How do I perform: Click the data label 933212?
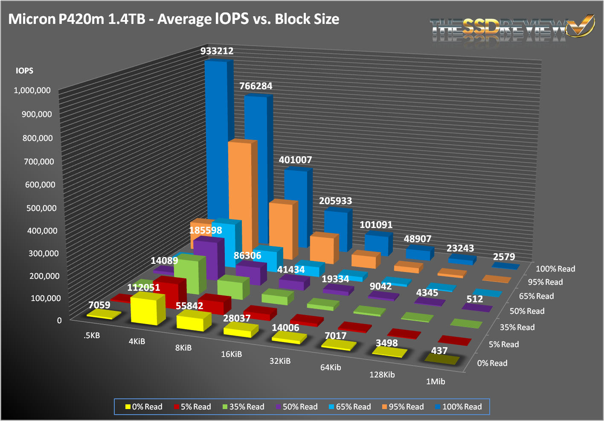coord(217,51)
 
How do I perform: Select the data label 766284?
coord(256,86)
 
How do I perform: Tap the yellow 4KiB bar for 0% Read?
coord(148,309)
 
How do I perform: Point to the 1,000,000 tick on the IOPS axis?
coord(32,90)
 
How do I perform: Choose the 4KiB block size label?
coord(137,341)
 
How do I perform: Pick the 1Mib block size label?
coord(436,381)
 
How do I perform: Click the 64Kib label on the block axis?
coord(331,367)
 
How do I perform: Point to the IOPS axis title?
coord(24,71)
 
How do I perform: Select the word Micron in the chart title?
coord(32,19)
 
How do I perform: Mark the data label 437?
coord(439,351)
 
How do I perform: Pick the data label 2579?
coord(504,257)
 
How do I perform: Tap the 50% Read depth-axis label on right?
coord(527,311)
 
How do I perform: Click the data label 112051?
coord(144,287)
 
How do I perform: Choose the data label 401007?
coord(295,160)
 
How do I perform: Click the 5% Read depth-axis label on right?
coord(504,344)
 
